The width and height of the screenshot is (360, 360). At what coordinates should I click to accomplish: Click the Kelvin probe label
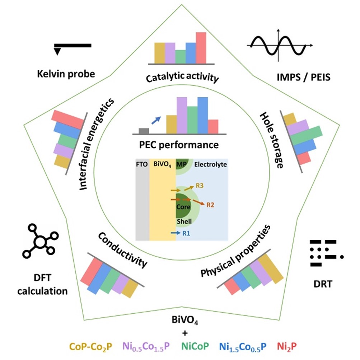(66, 74)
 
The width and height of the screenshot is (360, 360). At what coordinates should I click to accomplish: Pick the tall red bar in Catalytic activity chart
(201, 47)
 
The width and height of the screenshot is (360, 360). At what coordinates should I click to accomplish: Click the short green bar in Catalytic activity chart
(181, 56)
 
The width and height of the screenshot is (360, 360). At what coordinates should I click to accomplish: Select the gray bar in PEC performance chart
(144, 131)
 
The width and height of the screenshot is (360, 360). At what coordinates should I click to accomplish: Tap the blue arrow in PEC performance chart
(155, 121)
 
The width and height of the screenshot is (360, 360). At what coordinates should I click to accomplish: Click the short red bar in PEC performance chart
(213, 126)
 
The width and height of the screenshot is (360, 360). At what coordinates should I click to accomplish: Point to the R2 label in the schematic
(211, 205)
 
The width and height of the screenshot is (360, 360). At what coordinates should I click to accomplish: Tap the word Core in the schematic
(183, 207)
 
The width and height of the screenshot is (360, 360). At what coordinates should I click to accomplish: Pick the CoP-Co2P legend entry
(90, 346)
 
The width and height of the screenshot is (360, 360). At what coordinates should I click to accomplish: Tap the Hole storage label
(271, 140)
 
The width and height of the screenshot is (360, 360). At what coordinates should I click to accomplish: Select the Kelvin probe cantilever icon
(72, 47)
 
